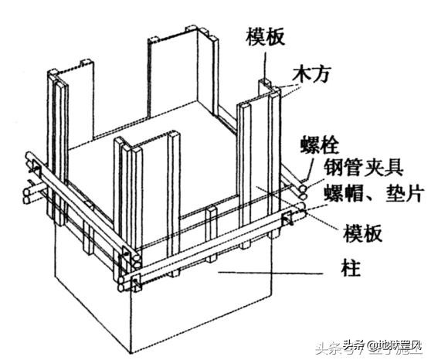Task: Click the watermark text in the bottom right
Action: (382, 344)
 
